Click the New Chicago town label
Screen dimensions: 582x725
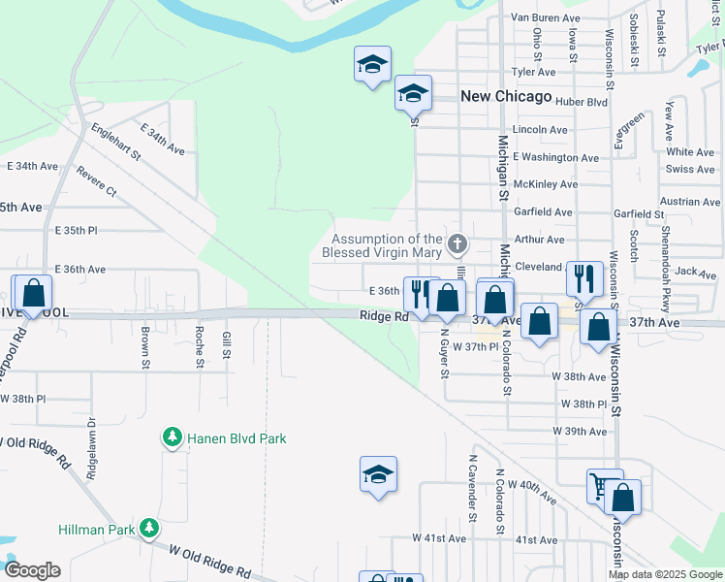pos(505,97)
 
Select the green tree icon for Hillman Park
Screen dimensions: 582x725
pos(149,527)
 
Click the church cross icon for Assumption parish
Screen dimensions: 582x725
pos(458,242)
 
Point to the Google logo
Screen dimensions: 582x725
pos(32,570)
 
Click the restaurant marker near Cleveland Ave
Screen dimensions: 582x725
pos(582,278)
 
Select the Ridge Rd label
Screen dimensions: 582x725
pos(383,317)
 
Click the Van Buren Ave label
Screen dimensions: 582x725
pos(545,18)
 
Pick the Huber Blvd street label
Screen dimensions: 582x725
pos(583,101)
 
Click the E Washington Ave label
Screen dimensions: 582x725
pos(555,157)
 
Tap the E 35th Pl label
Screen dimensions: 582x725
pos(83,231)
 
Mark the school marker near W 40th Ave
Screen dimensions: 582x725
pos(378,474)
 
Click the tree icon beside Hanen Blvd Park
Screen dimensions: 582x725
pos(173,438)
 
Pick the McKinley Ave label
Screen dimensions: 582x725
pos(546,184)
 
